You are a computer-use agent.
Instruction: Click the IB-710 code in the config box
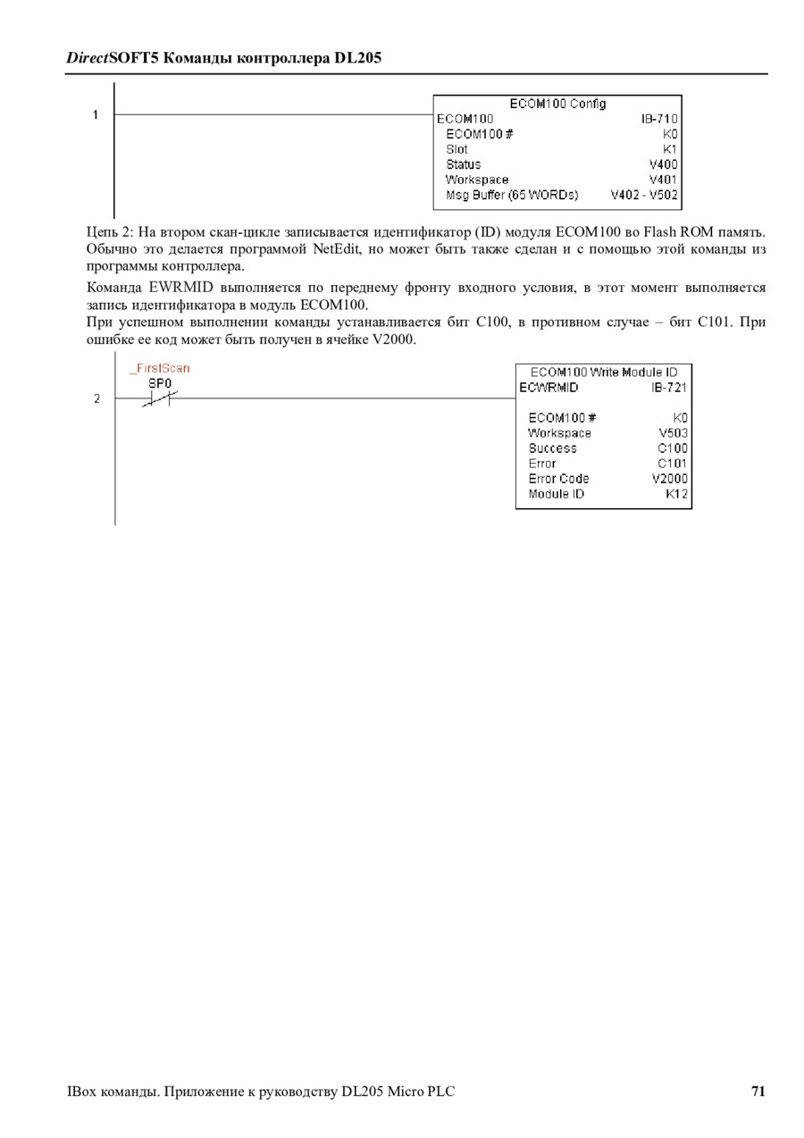(659, 119)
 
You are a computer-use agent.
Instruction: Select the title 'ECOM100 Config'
(557, 104)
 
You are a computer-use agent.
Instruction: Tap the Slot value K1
(670, 149)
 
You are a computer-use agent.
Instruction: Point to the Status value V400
(663, 164)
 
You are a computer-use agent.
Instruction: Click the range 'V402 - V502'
(644, 195)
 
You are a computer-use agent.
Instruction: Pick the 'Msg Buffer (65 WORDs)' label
(512, 195)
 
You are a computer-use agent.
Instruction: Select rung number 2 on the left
(96, 398)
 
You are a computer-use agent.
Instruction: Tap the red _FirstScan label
(160, 368)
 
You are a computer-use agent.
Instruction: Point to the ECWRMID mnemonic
(549, 388)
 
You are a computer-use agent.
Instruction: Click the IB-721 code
(669, 388)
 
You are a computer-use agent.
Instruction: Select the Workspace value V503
(673, 433)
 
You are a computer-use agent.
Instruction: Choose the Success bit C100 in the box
(673, 448)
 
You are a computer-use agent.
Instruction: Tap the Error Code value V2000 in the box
(669, 479)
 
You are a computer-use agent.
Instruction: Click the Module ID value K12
(676, 494)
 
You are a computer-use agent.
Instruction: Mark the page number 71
(758, 1091)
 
